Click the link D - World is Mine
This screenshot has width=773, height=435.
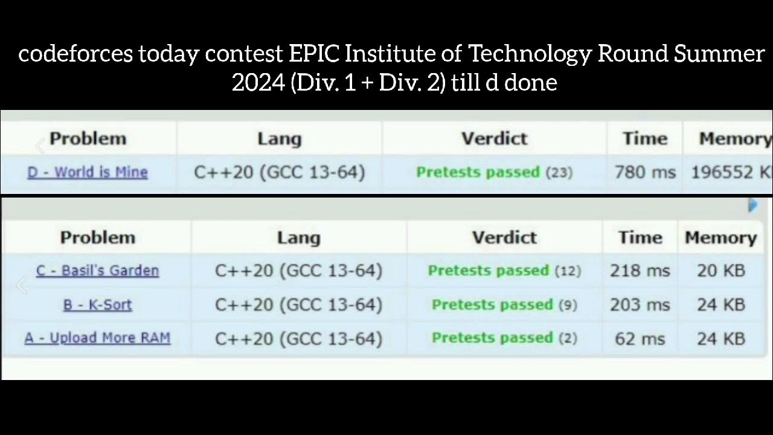(88, 172)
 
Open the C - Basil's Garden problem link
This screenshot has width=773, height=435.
(97, 270)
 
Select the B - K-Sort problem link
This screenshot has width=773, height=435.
(97, 304)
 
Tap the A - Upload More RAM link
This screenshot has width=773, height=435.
(97, 338)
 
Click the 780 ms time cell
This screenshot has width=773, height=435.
(645, 172)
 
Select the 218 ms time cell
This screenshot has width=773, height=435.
(640, 270)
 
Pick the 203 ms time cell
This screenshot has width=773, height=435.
(640, 304)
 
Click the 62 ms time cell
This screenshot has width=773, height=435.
(640, 338)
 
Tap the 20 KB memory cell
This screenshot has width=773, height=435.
(720, 270)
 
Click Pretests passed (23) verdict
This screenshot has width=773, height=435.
(494, 172)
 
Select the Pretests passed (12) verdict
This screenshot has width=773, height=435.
(504, 270)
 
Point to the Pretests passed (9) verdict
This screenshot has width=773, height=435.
(504, 304)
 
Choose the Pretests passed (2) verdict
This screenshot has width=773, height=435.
(504, 338)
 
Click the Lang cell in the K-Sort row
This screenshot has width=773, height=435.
(298, 304)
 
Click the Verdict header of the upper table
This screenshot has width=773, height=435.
(495, 138)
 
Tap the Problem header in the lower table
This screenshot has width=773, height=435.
(97, 237)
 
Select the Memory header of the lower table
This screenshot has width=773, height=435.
(720, 237)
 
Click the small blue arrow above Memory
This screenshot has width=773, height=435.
(752, 205)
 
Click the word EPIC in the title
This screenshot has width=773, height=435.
(314, 54)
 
